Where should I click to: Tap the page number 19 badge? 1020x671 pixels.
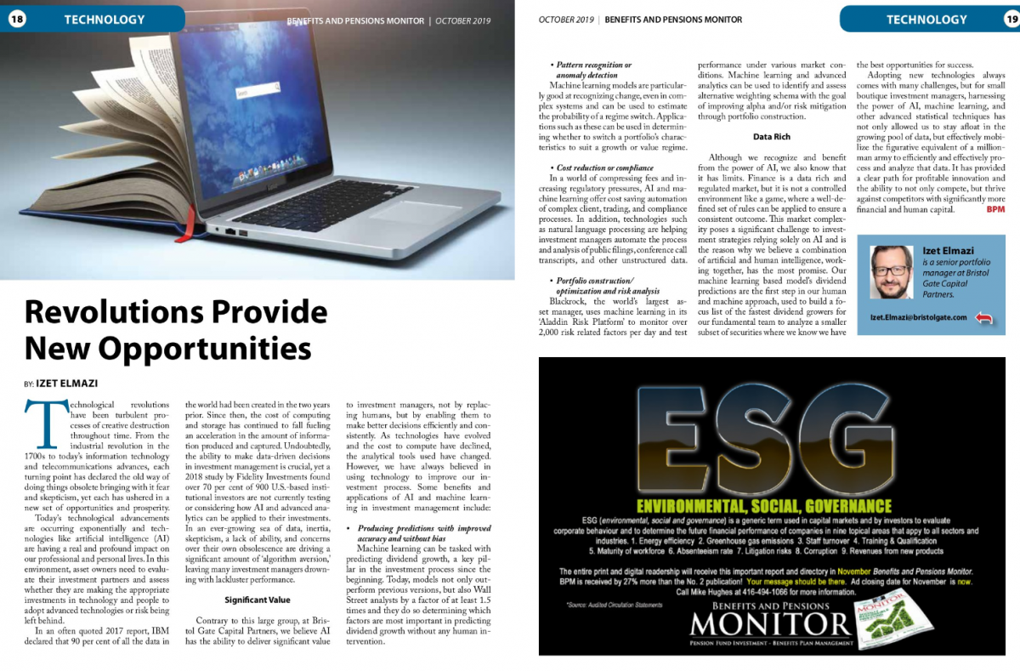pyautogui.click(x=1009, y=19)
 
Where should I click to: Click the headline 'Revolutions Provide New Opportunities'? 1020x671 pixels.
pyautogui.click(x=167, y=330)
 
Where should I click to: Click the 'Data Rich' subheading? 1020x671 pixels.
pyautogui.click(x=772, y=136)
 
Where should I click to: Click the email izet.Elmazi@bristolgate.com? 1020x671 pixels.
pyautogui.click(x=918, y=317)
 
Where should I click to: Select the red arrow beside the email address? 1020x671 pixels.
pyautogui.click(x=984, y=318)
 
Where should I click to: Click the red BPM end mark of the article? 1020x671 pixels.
pyautogui.click(x=995, y=209)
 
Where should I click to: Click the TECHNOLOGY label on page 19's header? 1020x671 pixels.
pyautogui.click(x=926, y=20)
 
